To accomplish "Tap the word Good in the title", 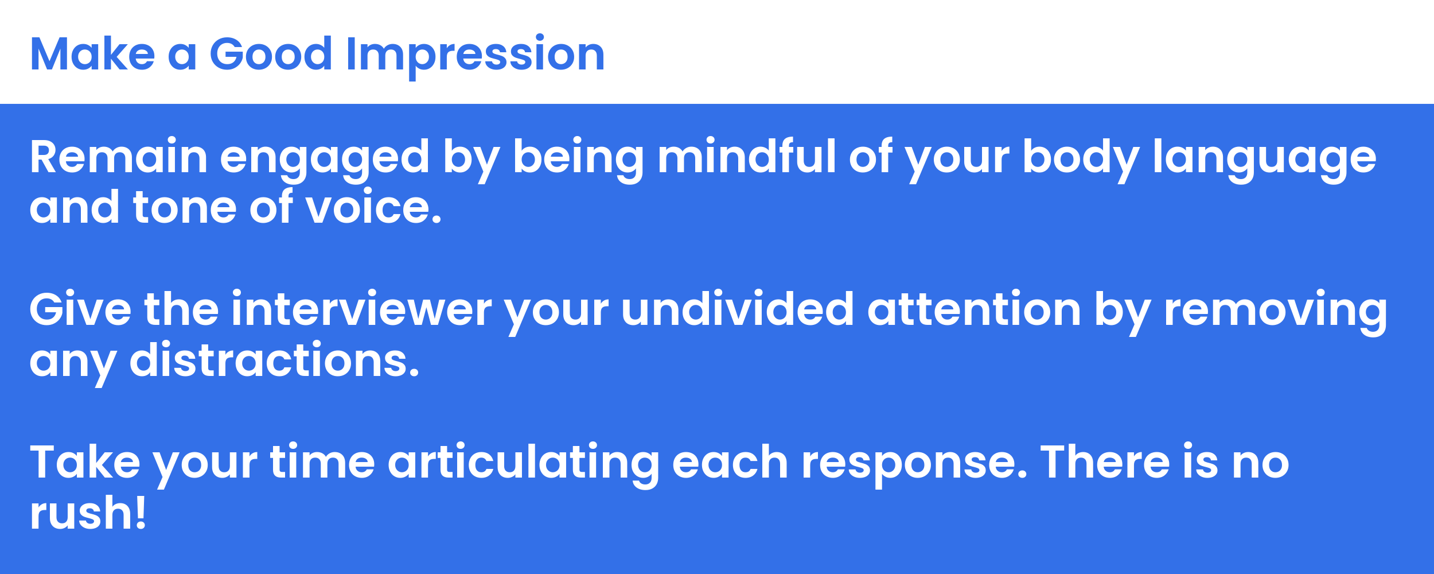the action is [x=271, y=54].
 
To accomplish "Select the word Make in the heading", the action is [x=92, y=54].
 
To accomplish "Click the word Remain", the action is [x=119, y=156].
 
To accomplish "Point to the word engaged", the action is [x=325, y=160].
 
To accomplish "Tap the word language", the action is [x=1264, y=160].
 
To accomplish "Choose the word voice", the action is [x=373, y=206].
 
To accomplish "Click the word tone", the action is [x=185, y=206].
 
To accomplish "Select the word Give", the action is [x=80, y=308].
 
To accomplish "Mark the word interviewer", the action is [x=361, y=308].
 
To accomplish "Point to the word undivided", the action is [x=738, y=308].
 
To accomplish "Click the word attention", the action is [x=974, y=308].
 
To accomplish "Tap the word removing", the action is [x=1276, y=313].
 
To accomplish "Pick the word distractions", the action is [x=274, y=359].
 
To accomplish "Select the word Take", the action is [x=85, y=461].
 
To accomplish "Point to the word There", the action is [x=1105, y=461].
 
